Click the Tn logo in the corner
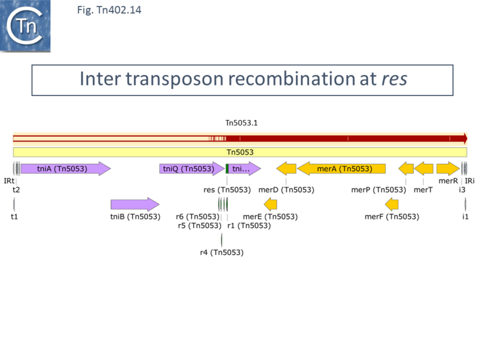tap(25, 25)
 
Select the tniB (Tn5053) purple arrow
tap(135, 205)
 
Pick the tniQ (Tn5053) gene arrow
tap(191, 169)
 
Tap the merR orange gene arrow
tap(448, 169)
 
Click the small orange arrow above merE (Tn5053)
tap(270, 205)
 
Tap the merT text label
tap(423, 190)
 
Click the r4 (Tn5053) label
tap(221, 253)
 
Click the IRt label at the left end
tap(8, 181)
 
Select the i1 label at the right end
tap(465, 216)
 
